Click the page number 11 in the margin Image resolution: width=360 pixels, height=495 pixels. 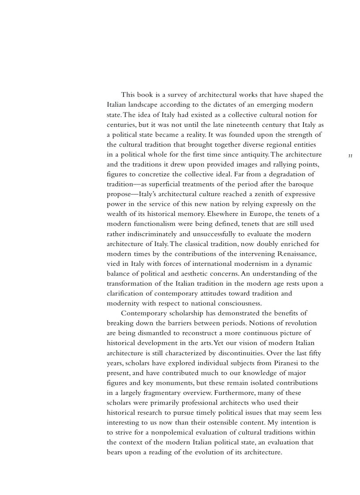pos(350,156)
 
